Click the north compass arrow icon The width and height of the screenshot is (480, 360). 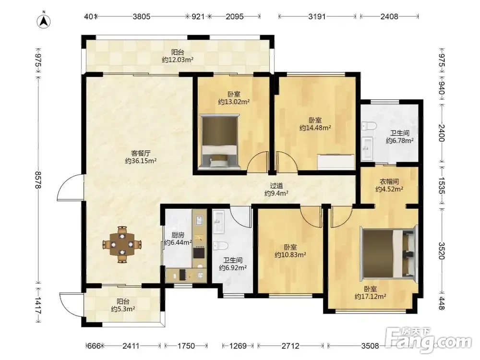click(x=44, y=20)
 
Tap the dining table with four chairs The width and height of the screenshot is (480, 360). click(x=122, y=244)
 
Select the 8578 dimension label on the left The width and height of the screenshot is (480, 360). click(x=37, y=180)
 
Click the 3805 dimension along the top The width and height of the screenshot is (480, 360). click(x=142, y=16)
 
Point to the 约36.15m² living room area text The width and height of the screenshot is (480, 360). click(x=141, y=161)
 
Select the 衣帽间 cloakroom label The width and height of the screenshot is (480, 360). click(x=389, y=181)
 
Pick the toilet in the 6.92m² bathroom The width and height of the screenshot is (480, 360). click(x=220, y=245)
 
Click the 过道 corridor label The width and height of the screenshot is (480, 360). click(x=276, y=186)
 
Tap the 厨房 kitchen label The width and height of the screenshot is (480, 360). click(x=178, y=235)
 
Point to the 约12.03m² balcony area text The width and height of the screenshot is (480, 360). click(x=178, y=60)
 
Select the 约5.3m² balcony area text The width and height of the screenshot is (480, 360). click(x=123, y=309)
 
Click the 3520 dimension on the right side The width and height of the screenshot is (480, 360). click(x=441, y=251)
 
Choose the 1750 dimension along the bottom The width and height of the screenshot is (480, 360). click(x=186, y=346)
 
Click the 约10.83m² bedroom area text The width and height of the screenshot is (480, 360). click(x=290, y=255)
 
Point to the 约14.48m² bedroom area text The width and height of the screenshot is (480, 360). click(x=315, y=128)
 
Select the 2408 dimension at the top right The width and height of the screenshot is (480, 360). click(x=389, y=16)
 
